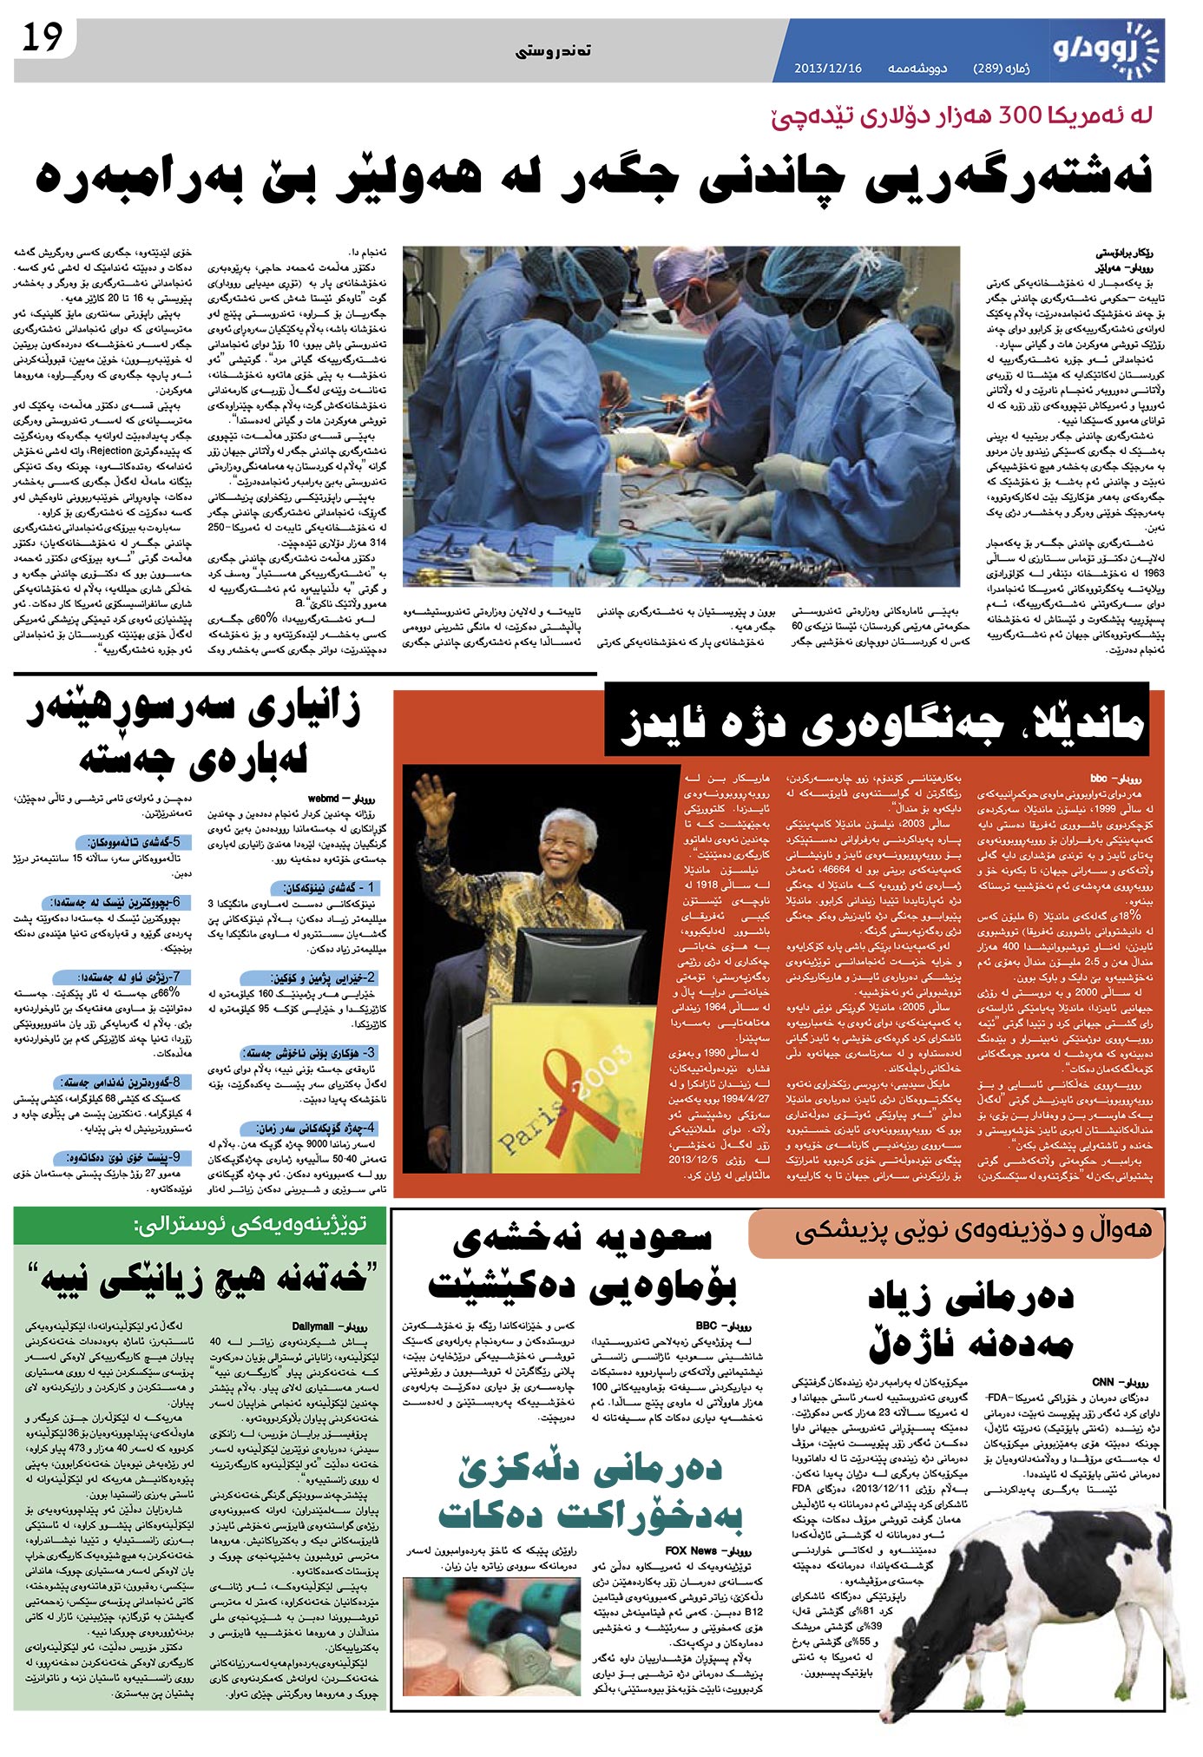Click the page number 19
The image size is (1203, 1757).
[43, 39]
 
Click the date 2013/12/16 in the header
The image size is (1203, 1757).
[828, 68]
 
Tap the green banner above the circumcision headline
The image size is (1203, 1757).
[200, 1226]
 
